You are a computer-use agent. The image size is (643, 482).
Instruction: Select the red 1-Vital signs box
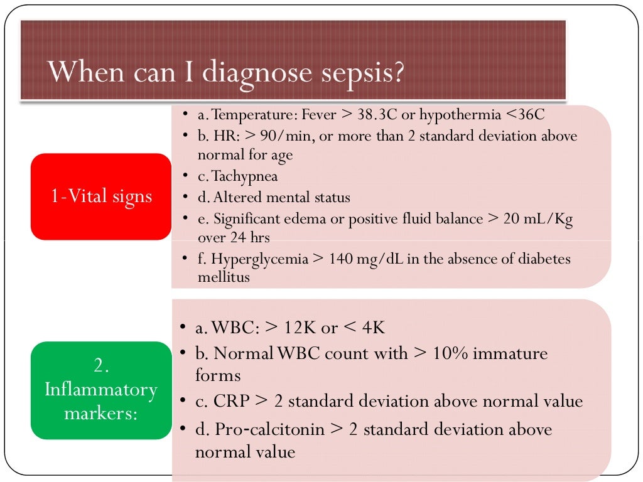(100, 196)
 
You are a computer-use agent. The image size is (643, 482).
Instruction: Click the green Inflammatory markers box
(100, 390)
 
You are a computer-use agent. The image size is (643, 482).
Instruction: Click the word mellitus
(224, 277)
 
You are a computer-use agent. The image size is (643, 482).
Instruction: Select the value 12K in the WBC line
(294, 328)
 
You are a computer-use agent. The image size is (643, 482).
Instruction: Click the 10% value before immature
(448, 354)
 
